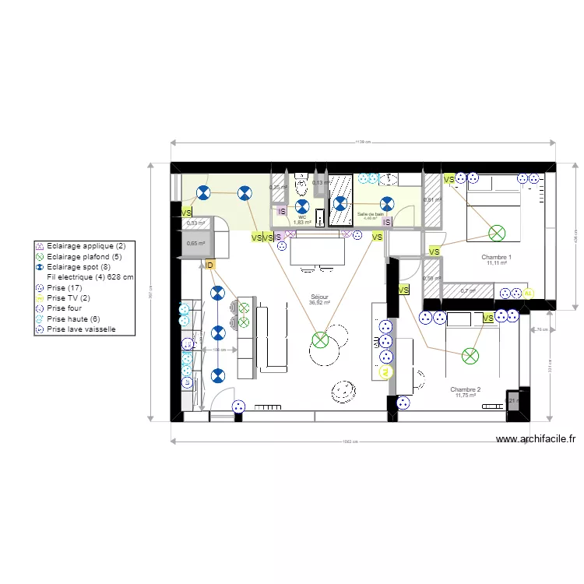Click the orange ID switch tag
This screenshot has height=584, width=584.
(x=209, y=266)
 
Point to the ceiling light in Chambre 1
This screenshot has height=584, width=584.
(x=496, y=232)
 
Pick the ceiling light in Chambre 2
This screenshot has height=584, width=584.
(x=470, y=356)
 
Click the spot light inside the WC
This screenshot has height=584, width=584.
(x=303, y=206)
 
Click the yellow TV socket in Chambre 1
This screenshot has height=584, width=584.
(x=529, y=294)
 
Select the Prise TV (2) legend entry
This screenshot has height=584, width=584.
(x=69, y=297)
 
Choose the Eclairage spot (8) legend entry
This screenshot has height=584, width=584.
(x=78, y=266)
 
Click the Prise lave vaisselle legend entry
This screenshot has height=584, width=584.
(x=81, y=329)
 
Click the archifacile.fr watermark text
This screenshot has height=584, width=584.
(x=536, y=439)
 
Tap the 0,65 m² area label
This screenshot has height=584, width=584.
(x=195, y=244)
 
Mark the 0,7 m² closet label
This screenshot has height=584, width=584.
(x=467, y=291)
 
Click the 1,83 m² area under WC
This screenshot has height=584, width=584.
(x=302, y=223)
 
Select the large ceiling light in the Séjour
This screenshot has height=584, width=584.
(x=320, y=339)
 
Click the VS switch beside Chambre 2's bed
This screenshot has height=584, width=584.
(x=487, y=318)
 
